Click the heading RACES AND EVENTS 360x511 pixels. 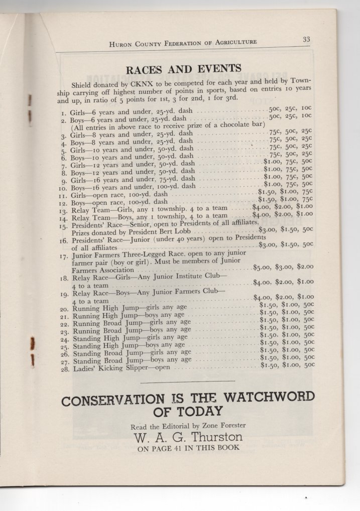pyautogui.click(x=183, y=69)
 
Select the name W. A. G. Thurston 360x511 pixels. pyautogui.click(x=188, y=437)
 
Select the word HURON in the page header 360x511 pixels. pyautogui.click(x=121, y=44)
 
